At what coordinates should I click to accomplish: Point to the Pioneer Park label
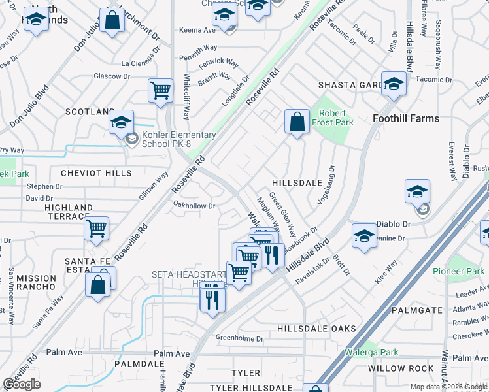point(458,271)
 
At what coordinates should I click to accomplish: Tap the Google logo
point(22,384)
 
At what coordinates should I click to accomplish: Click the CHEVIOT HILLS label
point(96,174)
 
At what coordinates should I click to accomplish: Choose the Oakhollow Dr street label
point(194,206)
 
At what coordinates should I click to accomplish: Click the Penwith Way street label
point(199,48)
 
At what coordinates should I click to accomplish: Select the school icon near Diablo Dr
point(417,192)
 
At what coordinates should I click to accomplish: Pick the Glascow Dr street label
point(112,76)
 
